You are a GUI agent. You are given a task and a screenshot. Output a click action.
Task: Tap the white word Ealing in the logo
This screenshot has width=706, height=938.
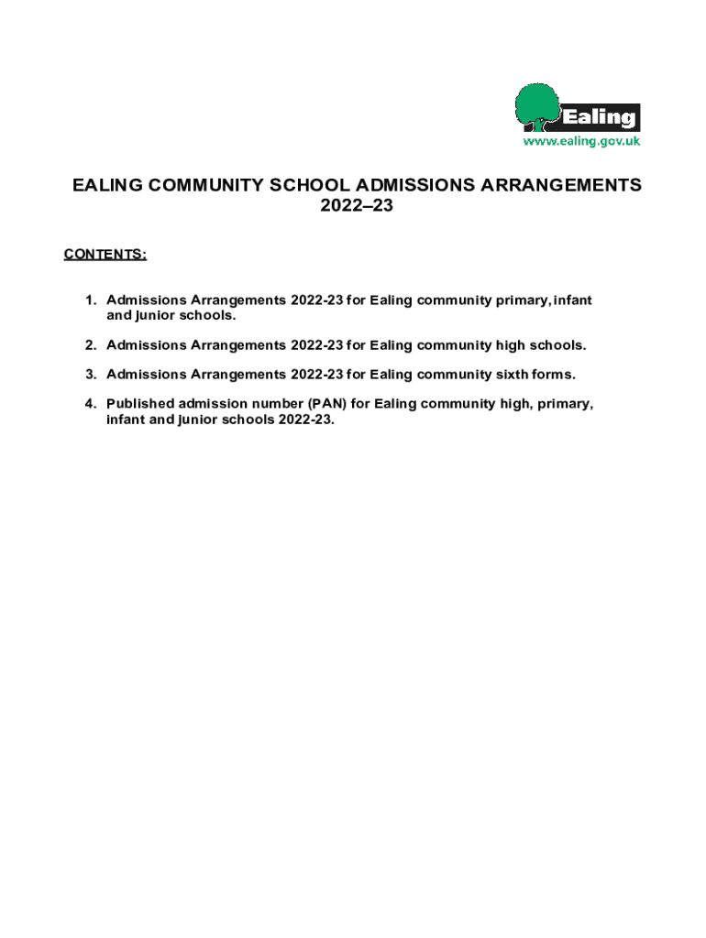[x=598, y=118]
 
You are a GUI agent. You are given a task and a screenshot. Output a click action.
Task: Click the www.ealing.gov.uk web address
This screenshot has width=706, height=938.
[x=581, y=141]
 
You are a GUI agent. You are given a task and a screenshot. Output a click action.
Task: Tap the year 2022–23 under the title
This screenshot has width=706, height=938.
[x=357, y=207]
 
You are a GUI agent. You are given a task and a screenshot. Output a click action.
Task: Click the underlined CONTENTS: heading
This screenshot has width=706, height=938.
[x=105, y=254]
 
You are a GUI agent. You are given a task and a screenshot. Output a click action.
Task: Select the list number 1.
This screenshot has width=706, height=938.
[x=90, y=300]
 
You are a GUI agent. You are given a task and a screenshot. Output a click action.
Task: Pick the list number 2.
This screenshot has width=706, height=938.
[x=90, y=345]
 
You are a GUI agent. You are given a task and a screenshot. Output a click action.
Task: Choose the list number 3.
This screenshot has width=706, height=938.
[x=90, y=375]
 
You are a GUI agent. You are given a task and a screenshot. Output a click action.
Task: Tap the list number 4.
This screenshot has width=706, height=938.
[x=90, y=404]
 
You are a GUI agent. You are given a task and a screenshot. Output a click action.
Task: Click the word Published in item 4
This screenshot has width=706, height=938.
[x=142, y=404]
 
